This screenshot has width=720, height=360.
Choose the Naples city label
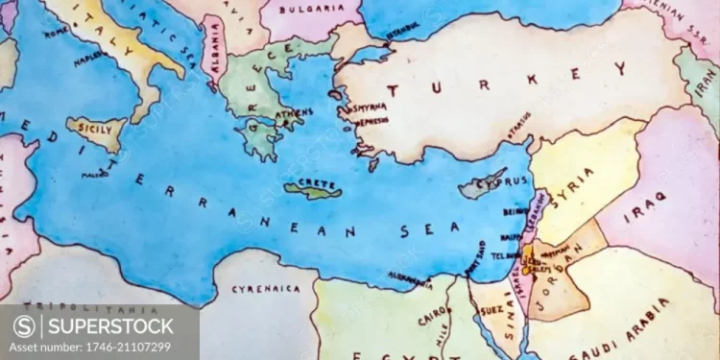coord(93,58)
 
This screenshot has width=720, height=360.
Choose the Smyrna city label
coord(371,109)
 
